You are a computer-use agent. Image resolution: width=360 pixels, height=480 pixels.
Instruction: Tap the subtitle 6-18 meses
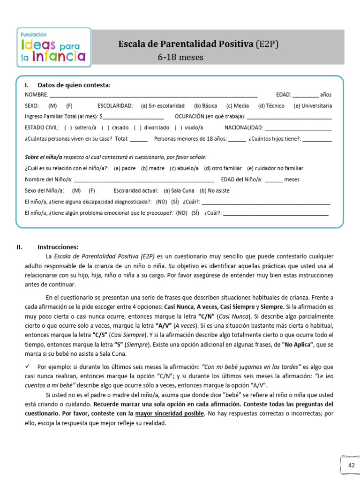175,58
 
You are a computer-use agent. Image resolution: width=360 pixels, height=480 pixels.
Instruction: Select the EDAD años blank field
305,96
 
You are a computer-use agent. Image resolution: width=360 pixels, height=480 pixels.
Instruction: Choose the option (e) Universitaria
313,106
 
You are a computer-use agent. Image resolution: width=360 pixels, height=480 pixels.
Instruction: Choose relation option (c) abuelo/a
184,168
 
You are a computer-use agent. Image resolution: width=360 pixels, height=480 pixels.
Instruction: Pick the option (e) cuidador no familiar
275,168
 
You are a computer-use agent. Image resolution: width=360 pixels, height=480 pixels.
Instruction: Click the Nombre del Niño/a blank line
144,180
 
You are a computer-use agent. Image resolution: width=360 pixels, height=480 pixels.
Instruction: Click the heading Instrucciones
58,247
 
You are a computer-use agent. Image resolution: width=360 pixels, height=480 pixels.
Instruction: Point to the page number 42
351,465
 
